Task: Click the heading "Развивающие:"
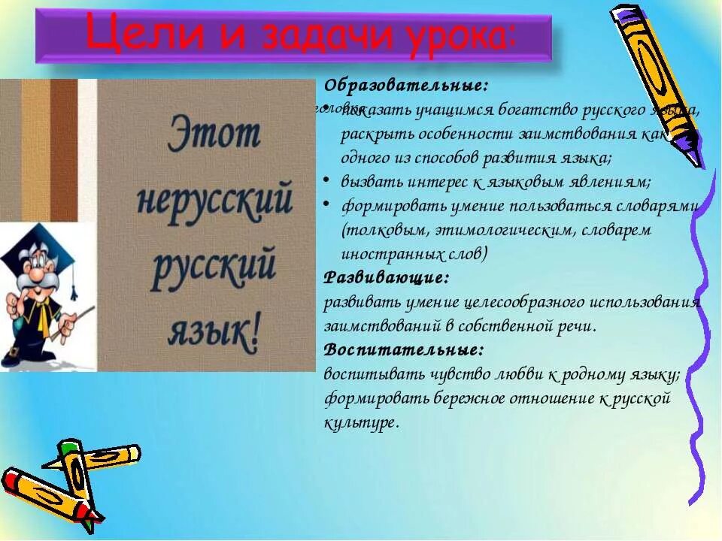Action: tap(386, 277)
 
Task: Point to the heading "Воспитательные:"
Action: tap(403, 349)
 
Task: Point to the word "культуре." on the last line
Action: tap(359, 422)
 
